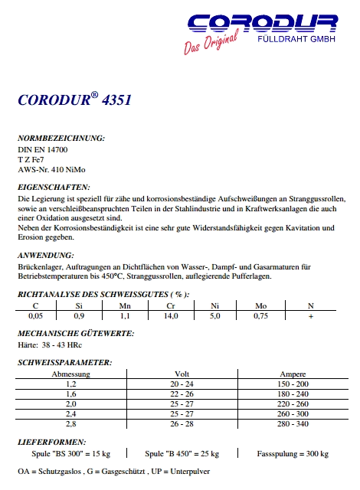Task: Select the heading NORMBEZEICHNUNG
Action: (61, 139)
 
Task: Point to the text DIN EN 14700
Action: (43, 149)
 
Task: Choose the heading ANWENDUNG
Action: (46, 254)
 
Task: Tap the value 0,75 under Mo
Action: (261, 315)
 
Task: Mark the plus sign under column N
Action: (310, 315)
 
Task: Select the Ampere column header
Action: (293, 373)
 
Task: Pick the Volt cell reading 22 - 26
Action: (182, 393)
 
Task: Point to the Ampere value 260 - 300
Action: (293, 413)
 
